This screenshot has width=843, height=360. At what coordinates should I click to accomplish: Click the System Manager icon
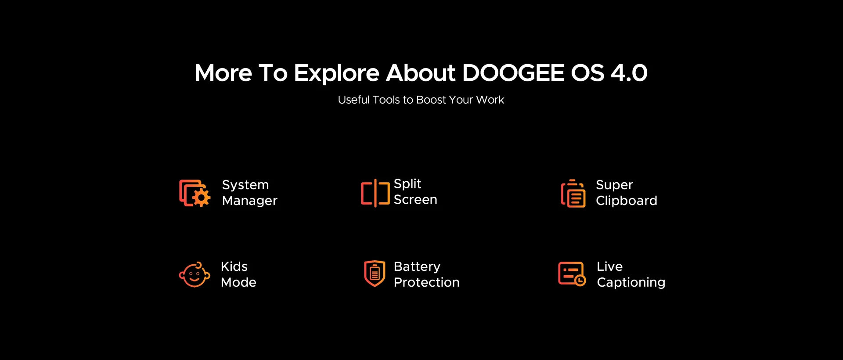(195, 193)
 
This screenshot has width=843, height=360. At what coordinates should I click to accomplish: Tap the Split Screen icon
(375, 193)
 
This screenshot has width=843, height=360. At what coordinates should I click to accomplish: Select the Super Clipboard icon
(573, 193)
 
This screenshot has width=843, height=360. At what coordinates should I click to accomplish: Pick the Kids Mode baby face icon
(195, 275)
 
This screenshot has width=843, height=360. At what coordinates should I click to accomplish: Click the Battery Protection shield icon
(375, 273)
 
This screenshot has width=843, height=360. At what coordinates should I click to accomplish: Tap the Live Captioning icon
(572, 274)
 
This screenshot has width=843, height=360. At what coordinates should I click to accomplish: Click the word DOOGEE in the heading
(513, 73)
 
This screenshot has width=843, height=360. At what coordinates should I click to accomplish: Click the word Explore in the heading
(336, 73)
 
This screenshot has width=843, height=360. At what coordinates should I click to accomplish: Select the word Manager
(249, 201)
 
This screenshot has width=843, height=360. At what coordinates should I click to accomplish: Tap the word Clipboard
(627, 201)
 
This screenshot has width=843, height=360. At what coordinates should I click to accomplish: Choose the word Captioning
(631, 282)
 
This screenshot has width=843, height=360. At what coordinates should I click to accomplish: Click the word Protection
(426, 282)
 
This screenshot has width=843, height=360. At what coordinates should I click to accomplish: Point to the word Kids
(234, 266)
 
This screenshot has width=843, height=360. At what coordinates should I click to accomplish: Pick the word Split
(407, 184)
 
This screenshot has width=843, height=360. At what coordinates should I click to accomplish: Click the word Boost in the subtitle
(431, 100)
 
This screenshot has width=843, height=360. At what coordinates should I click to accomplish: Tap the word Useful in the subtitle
(353, 100)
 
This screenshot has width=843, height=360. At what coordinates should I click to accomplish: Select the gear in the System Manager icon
(202, 198)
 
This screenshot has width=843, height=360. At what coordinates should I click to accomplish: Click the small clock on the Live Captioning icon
(580, 281)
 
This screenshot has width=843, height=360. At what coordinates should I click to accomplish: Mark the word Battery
(417, 267)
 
